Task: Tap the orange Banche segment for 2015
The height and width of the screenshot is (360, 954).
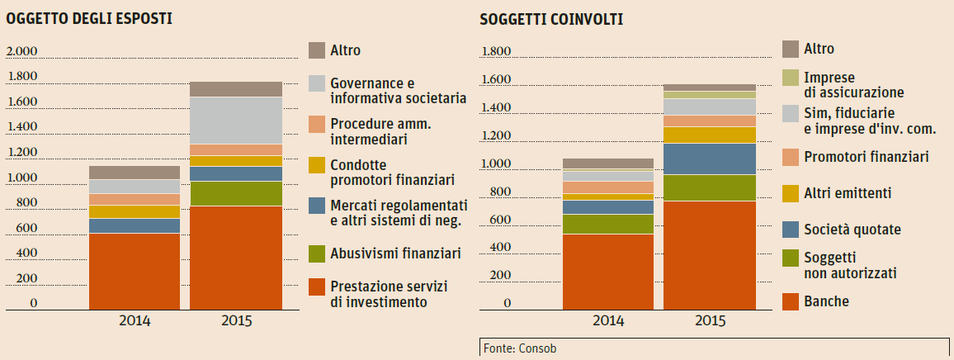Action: [710, 255]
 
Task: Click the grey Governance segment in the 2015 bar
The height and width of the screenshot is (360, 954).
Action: [235, 121]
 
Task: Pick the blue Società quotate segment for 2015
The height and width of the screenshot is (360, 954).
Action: [710, 159]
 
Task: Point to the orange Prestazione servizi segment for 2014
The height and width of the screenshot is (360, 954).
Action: [134, 271]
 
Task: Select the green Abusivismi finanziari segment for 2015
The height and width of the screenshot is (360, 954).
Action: [235, 193]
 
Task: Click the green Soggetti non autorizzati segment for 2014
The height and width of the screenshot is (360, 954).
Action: [607, 224]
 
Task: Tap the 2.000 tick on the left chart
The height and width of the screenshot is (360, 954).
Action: [22, 52]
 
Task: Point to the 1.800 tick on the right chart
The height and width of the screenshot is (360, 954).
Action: [496, 52]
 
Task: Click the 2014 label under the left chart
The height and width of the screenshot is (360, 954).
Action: [134, 320]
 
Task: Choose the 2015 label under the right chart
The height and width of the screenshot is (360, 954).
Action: [710, 320]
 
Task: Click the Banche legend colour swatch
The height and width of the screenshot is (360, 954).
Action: [791, 301]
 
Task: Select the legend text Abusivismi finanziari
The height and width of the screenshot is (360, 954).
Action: [395, 253]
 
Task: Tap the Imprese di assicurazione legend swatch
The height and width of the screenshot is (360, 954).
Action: [791, 77]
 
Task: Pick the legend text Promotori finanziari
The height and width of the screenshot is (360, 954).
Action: [867, 156]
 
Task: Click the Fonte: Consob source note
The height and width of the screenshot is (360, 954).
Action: [519, 348]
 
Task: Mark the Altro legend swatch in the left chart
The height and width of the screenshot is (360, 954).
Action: [317, 50]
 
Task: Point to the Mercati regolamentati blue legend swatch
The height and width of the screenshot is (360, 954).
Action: [317, 206]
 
